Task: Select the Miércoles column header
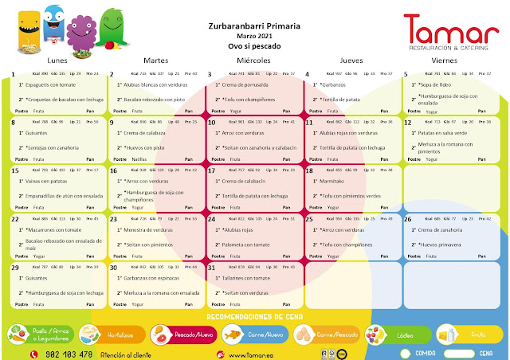coord(253,61)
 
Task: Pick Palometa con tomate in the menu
coord(245,245)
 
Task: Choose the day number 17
coord(212,170)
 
